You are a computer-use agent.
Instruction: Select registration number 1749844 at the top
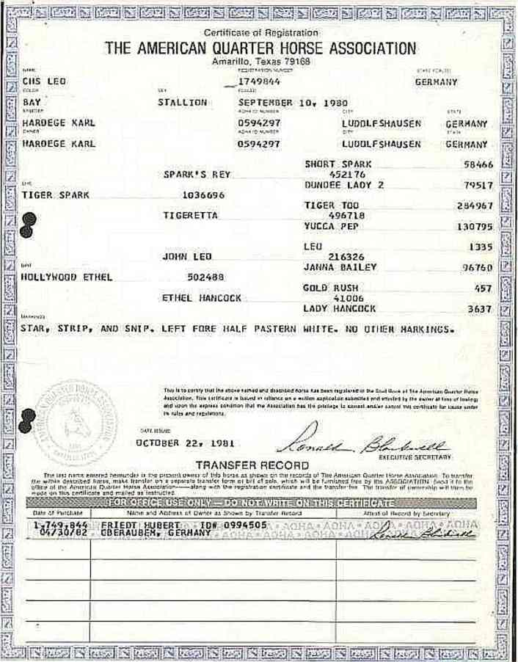[x=258, y=81]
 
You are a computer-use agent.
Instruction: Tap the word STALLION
[x=182, y=102]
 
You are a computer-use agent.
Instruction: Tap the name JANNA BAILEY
[x=339, y=267]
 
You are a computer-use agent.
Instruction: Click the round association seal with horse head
[x=76, y=423]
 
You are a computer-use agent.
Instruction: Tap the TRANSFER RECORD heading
[x=252, y=465]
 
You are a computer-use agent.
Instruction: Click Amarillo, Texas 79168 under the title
[x=260, y=62]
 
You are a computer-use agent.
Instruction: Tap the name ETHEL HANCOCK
[x=201, y=298]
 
